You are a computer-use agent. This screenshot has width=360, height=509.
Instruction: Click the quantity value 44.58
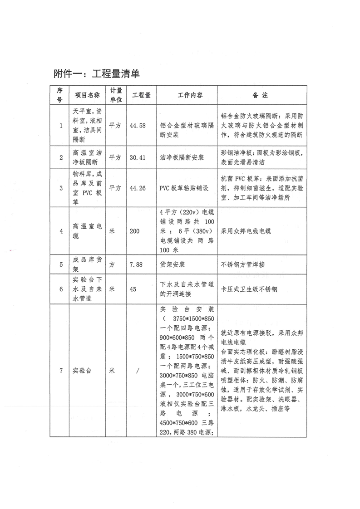click(138, 126)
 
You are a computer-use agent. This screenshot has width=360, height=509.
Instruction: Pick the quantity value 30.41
click(138, 157)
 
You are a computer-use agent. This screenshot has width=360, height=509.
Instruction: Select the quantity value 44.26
click(138, 188)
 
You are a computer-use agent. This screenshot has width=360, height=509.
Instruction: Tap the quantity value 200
click(135, 231)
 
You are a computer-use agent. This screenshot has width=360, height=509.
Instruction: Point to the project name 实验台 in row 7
click(82, 371)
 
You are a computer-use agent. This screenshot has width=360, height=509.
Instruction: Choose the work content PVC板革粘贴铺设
click(184, 188)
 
